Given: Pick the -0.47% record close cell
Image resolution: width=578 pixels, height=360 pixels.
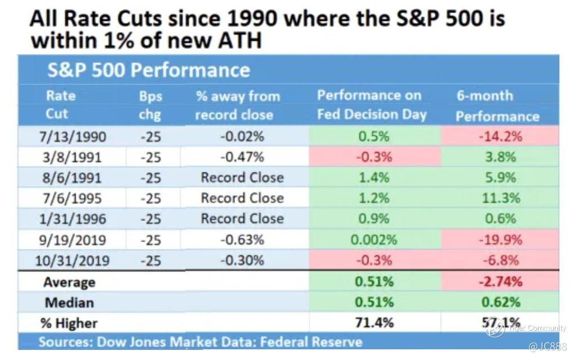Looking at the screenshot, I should pos(242,157).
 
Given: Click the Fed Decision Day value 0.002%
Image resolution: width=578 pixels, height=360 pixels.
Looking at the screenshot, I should pos(374,240).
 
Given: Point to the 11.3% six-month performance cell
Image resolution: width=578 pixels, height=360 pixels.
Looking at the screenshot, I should pos(500,198).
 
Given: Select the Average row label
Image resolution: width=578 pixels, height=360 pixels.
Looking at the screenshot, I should pos(70,282).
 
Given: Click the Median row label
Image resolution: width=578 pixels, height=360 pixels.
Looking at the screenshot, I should pos(70,303).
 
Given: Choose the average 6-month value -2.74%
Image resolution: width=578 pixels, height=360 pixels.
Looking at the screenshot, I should pos(500,282).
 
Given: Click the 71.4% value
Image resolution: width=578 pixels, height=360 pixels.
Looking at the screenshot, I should pos(374,323).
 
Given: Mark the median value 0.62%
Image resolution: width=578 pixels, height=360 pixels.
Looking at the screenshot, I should pos(500,303).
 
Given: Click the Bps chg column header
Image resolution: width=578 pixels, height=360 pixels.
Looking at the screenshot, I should pos(150,105).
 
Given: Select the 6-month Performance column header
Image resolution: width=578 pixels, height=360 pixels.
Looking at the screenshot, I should pos(497,105).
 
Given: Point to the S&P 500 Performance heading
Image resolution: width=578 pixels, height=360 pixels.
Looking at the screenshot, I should pos(148,70).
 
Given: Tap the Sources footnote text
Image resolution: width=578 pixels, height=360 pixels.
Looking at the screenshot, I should pos(201,342).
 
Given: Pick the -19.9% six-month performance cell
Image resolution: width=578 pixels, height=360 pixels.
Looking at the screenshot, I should pos(500,240).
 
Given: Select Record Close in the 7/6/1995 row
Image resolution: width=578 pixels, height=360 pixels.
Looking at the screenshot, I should pos(242,198).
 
